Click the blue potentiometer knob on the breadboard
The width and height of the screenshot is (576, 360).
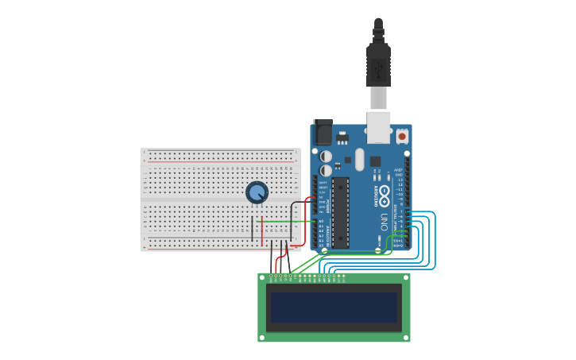(x=257, y=192)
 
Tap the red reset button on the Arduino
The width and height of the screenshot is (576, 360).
(x=401, y=137)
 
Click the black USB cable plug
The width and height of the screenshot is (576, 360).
(x=378, y=64)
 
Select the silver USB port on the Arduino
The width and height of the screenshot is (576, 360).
(x=379, y=127)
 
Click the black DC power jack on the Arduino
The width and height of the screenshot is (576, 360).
(x=323, y=132)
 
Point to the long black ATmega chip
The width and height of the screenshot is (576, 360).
(x=341, y=211)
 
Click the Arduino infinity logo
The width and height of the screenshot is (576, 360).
(x=384, y=195)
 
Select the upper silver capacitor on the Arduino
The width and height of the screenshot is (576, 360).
(x=326, y=156)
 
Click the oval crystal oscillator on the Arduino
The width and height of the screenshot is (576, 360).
(x=359, y=159)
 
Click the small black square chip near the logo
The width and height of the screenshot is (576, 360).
(x=375, y=161)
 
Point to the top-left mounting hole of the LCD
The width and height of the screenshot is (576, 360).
(x=262, y=277)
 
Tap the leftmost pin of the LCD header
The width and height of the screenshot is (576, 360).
(x=272, y=278)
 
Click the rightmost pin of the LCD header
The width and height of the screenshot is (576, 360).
(x=343, y=278)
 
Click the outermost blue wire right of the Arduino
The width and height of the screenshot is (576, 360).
(x=435, y=238)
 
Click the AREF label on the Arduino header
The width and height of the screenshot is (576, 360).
(x=400, y=169)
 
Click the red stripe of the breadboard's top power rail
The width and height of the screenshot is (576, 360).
(x=221, y=161)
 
